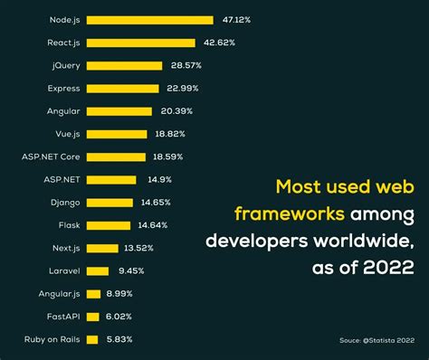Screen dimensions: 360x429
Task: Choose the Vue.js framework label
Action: pyautogui.click(x=67, y=134)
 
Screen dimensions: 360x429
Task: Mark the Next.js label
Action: pyautogui.click(x=67, y=248)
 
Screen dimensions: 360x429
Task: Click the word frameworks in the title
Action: pyautogui.click(x=289, y=214)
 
